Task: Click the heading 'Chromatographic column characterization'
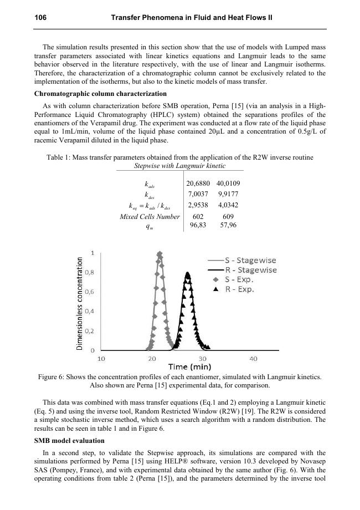coord(100,94)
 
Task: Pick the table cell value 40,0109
coord(228,183)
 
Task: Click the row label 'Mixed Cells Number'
coord(150,217)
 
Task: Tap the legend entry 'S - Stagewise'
coord(250,261)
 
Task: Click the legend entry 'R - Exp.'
coord(239,289)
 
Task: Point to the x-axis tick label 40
coord(253,359)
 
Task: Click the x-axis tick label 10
coord(102,359)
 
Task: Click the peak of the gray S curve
coord(160,254)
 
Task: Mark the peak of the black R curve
coord(188,273)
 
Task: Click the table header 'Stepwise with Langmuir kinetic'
coord(180,166)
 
